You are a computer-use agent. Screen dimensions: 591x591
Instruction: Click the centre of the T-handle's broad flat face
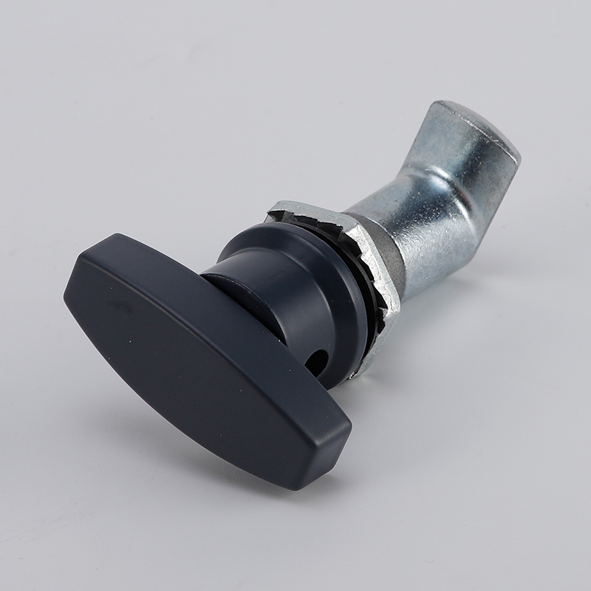pos(199,355)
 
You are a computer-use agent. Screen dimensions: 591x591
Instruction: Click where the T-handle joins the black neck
pos(222,288)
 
